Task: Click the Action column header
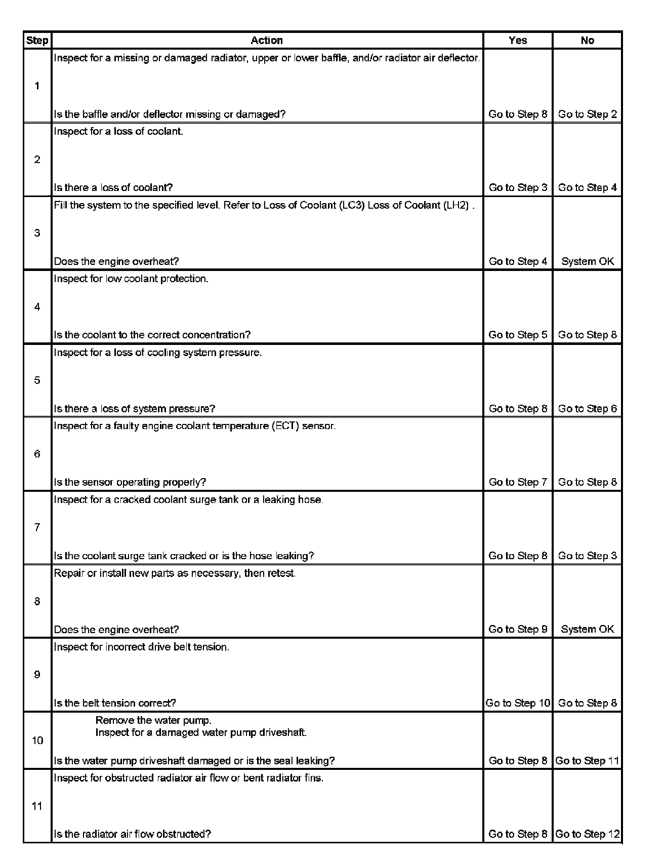click(x=267, y=41)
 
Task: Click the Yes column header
click(x=518, y=41)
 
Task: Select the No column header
click(x=587, y=41)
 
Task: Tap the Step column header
click(x=37, y=41)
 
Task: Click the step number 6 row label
click(x=37, y=454)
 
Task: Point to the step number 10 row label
click(x=37, y=741)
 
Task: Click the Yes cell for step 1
click(x=518, y=114)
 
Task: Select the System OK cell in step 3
click(x=587, y=261)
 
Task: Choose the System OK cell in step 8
click(x=587, y=629)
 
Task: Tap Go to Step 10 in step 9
click(x=518, y=703)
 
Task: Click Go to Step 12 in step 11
click(x=587, y=834)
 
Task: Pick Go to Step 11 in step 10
click(x=587, y=761)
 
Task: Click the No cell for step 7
click(x=587, y=556)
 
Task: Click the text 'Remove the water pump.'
click(x=153, y=720)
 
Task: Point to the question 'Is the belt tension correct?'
click(x=115, y=703)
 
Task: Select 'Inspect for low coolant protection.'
click(x=131, y=279)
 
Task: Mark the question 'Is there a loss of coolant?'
click(x=113, y=187)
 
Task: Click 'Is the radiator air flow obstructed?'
click(x=133, y=834)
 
